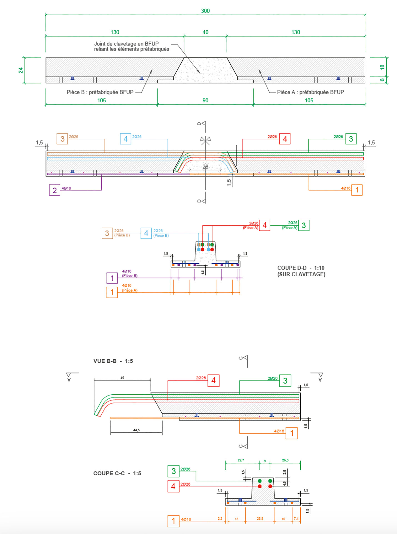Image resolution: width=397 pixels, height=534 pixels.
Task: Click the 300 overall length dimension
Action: point(205,11)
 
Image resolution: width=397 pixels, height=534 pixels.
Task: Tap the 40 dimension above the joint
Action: point(205,32)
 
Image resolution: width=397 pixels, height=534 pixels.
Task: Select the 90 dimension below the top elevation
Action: point(205,100)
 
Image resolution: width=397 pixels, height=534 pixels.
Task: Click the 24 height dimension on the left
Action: point(21,70)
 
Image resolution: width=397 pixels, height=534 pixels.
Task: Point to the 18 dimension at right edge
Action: point(382,67)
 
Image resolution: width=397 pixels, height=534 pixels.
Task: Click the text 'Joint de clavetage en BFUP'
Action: point(126,44)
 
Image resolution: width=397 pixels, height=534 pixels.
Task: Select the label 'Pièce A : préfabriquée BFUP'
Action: point(310,92)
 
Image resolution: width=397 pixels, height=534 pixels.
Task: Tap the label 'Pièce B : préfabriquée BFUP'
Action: point(100,92)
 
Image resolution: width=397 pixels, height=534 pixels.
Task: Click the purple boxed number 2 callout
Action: point(55,190)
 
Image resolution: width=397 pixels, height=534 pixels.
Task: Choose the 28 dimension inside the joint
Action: point(205,167)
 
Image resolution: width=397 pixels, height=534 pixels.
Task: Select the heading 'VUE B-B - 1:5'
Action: point(113,361)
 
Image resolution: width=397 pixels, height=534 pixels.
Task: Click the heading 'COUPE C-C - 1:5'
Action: point(117,473)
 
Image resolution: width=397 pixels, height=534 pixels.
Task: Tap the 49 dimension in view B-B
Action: point(122,378)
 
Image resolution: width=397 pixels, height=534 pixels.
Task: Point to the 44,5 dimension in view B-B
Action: point(136,430)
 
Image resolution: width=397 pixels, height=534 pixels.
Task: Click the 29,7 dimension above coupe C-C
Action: point(241,460)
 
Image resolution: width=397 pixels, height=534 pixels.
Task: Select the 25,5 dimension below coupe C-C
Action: point(260,518)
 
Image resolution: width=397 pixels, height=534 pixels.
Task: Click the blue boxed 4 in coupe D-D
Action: point(146,233)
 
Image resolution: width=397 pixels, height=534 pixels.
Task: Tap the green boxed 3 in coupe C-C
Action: point(174,471)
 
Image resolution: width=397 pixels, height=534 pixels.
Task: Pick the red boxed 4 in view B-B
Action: point(213,380)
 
